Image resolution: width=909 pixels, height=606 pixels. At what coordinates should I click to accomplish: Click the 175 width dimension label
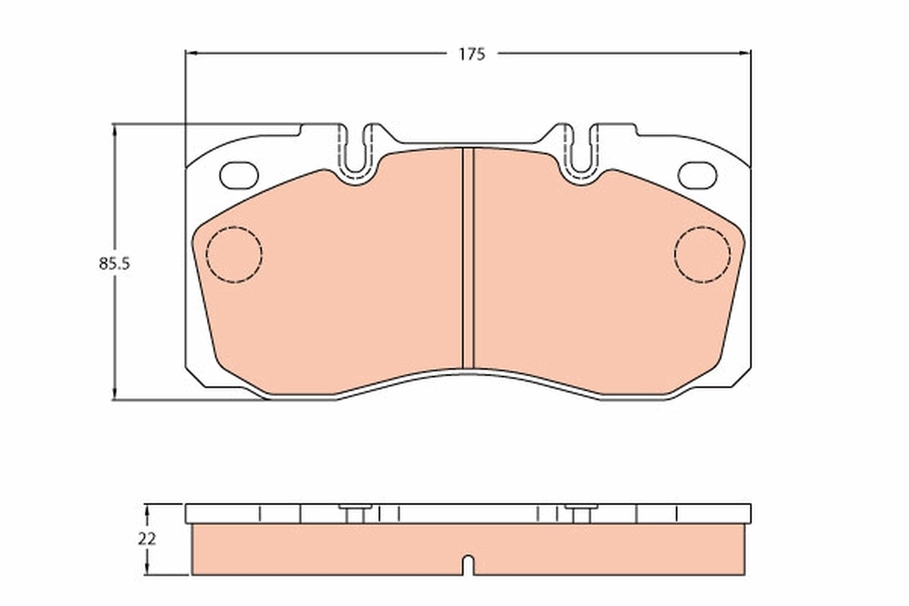tap(470, 54)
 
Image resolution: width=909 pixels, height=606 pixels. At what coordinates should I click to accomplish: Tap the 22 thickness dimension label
tap(148, 539)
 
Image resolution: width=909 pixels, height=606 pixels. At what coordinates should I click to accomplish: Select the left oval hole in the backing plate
tap(239, 175)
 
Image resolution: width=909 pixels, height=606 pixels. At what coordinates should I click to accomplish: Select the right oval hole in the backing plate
tap(697, 175)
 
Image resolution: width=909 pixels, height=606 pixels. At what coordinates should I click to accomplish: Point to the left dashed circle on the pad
tap(234, 255)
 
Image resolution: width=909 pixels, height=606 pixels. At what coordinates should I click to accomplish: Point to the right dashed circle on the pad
tap(702, 255)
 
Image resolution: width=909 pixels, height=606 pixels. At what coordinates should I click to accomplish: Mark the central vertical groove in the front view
tap(467, 258)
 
